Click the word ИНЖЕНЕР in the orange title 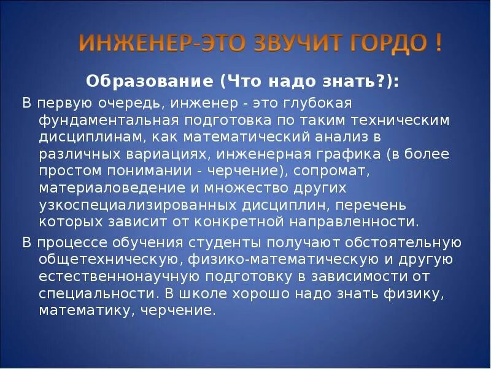click(127, 45)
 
